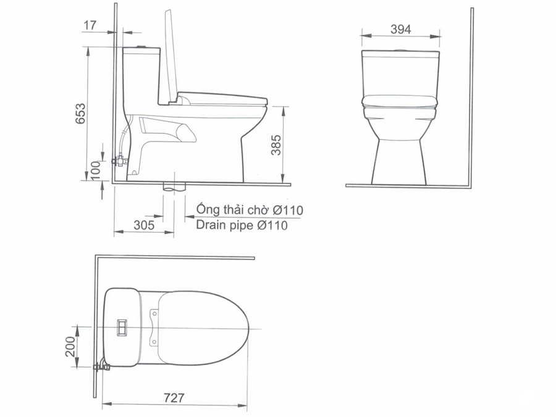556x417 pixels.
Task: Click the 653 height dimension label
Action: pos(81,113)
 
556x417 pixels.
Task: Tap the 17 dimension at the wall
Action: pos(90,25)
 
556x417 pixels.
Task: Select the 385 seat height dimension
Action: pos(276,145)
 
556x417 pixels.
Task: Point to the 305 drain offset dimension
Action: pos(144,225)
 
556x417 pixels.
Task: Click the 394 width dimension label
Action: pos(401,29)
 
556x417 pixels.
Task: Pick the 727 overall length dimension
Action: pos(174,397)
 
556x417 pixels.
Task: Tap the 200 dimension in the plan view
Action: pos(70,347)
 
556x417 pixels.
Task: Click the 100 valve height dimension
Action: pos(96,171)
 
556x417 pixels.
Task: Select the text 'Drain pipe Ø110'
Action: pos(242,225)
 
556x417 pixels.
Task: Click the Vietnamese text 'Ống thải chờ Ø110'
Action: pos(250,209)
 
